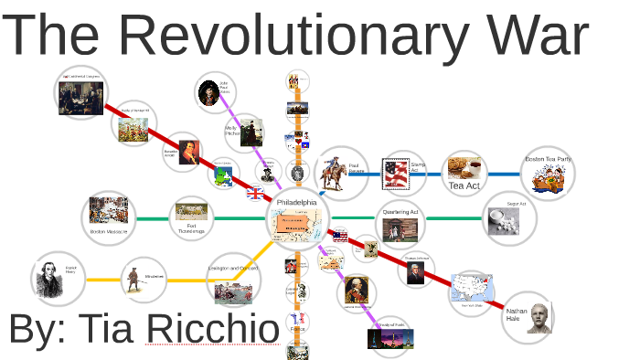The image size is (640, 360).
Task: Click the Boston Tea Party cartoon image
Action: click(x=549, y=178)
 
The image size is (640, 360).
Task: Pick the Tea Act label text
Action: click(x=464, y=185)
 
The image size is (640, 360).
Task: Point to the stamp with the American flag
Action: click(x=396, y=172)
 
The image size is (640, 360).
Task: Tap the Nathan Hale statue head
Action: click(x=539, y=318)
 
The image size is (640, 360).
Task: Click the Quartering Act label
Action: click(x=400, y=212)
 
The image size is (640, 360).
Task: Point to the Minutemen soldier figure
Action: click(x=133, y=280)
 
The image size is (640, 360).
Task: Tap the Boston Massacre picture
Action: click(x=110, y=214)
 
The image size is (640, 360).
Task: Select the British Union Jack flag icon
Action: click(x=255, y=193)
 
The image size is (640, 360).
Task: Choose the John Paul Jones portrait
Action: click(x=208, y=92)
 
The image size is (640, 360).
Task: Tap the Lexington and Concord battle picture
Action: click(x=233, y=291)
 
